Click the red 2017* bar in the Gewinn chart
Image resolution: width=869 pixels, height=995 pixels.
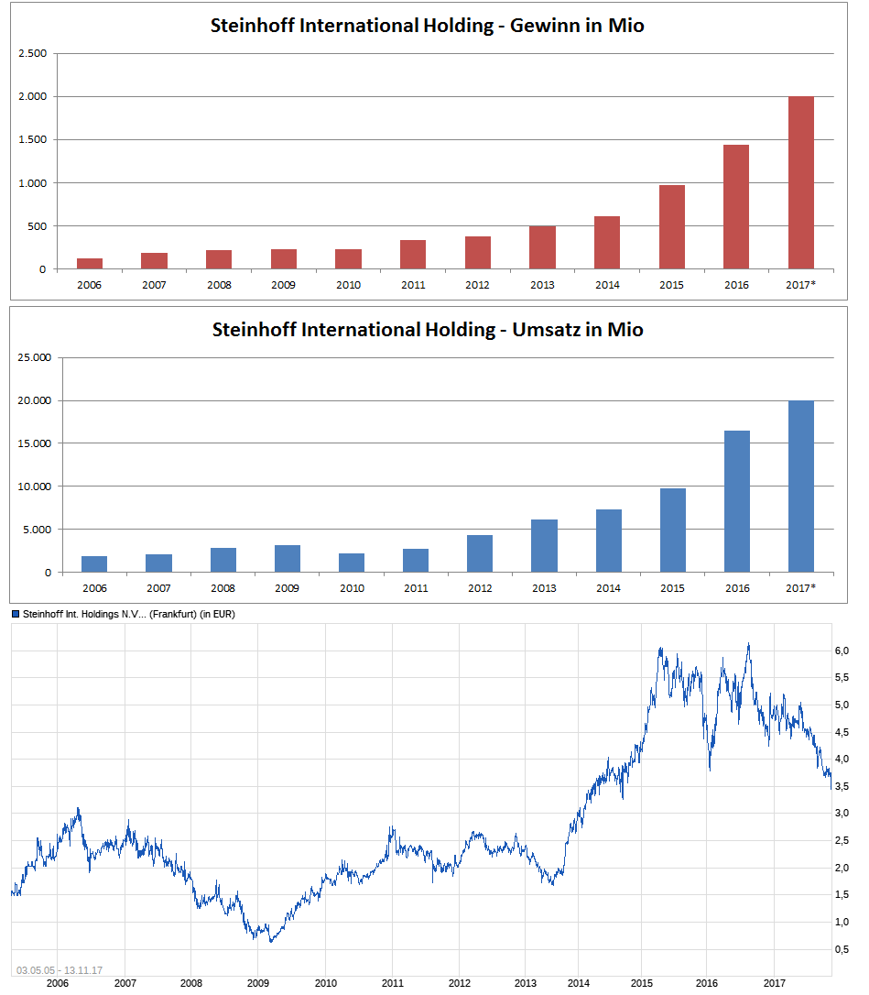coord(801,182)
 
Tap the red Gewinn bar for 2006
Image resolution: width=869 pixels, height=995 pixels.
coord(90,264)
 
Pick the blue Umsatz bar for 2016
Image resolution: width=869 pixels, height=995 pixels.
coord(737,501)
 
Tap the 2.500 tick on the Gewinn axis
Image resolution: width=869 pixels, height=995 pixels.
coord(33,53)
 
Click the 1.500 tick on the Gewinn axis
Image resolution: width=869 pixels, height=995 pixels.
coord(33,140)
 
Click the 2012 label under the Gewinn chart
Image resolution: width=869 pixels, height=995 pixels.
coord(478,285)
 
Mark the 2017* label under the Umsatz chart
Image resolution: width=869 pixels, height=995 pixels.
coord(801,588)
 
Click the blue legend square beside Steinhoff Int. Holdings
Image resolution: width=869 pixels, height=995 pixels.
coord(16,614)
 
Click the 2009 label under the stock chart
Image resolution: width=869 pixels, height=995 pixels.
coord(258,983)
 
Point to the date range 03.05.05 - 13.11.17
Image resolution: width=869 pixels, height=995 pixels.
coord(59,970)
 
